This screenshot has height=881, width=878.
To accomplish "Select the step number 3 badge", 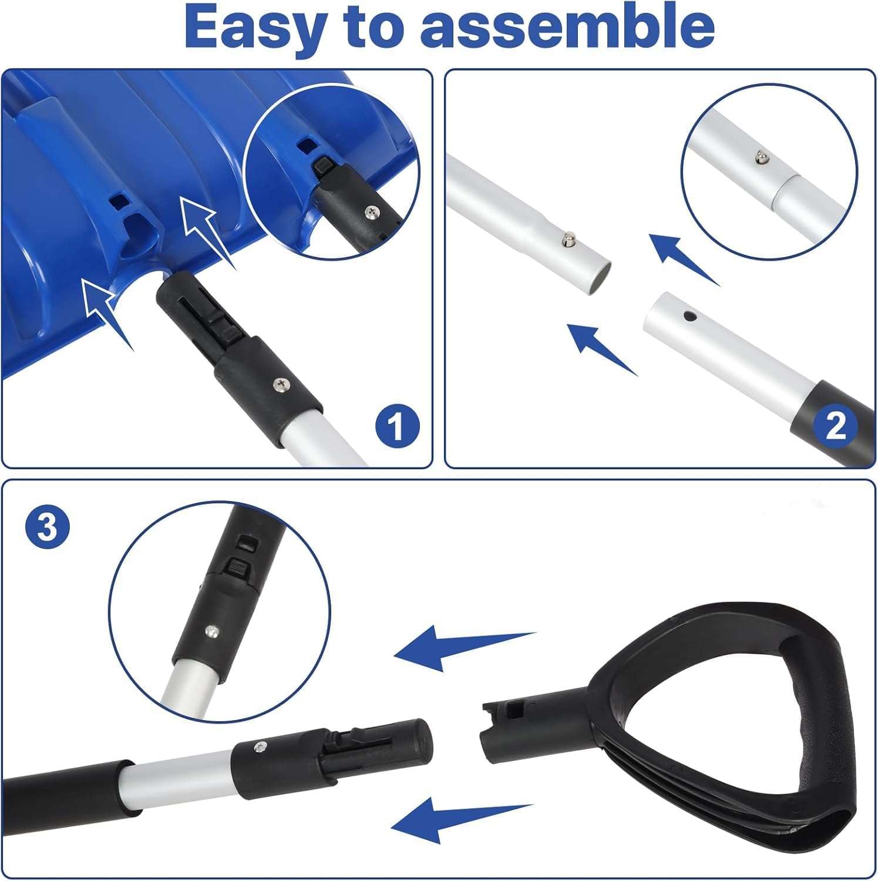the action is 47,527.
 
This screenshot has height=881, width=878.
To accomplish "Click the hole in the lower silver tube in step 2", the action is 688,317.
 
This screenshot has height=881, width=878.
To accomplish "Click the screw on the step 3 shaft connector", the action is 258,747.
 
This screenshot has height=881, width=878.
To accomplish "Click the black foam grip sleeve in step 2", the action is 831,424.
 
